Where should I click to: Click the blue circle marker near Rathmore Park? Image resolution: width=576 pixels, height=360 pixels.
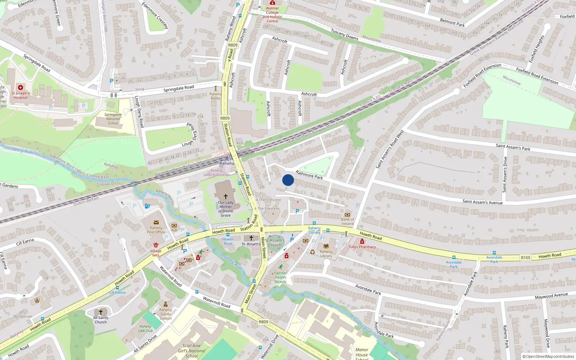click(x=288, y=180)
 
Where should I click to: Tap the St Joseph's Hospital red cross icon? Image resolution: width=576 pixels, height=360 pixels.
click(x=21, y=87)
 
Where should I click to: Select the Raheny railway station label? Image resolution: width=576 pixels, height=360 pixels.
click(x=227, y=163)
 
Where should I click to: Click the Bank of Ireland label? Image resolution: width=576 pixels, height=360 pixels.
click(x=347, y=221)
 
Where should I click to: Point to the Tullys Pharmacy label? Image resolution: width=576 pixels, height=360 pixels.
click(x=362, y=247)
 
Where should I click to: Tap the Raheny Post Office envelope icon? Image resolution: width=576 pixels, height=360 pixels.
click(x=156, y=222)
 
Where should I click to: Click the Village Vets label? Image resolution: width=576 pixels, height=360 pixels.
click(x=156, y=253)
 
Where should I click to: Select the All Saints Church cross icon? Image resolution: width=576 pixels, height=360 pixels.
click(x=101, y=312)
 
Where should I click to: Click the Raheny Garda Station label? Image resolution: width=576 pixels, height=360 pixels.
click(x=166, y=314)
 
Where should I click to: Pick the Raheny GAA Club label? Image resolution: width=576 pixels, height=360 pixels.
click(x=145, y=328)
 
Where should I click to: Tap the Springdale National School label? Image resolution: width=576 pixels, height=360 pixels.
click(x=113, y=119)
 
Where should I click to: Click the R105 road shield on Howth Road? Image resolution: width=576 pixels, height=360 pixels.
click(x=526, y=258)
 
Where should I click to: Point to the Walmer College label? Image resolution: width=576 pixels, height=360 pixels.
click(x=272, y=14)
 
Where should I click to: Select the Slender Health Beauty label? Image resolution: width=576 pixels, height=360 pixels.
click(x=280, y=277)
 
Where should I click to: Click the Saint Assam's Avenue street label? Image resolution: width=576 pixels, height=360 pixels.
click(x=482, y=202)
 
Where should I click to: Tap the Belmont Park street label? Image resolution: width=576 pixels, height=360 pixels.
click(x=452, y=23)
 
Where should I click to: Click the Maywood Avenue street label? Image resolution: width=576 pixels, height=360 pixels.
click(x=551, y=296)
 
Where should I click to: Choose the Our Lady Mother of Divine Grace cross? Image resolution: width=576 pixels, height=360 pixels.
click(x=226, y=197)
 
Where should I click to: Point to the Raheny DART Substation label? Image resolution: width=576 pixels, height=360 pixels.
click(x=216, y=173)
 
